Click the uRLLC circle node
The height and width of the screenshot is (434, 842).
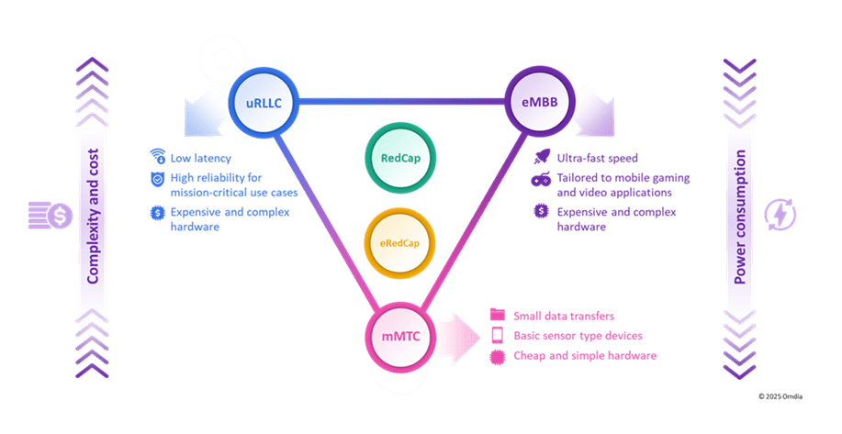tap(264, 102)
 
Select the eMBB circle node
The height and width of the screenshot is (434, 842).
tap(540, 102)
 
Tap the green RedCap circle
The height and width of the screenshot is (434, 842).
tap(400, 158)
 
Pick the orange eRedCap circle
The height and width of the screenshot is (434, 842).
tap(399, 243)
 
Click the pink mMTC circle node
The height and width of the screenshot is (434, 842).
tap(400, 337)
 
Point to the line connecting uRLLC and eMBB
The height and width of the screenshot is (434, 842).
tap(401, 102)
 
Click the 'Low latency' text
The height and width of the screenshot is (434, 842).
tap(201, 158)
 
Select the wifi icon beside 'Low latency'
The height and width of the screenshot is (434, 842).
tap(157, 156)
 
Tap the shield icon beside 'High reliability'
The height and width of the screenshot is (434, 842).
tap(157, 179)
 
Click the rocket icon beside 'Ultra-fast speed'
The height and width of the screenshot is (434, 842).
tap(542, 157)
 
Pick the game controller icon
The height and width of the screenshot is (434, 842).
tap(542, 179)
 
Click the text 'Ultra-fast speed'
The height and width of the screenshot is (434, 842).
tap(597, 158)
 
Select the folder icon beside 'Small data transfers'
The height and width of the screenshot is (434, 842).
tap(498, 315)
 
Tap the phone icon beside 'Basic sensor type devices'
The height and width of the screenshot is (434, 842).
tap(498, 335)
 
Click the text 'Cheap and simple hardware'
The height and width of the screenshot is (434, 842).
tap(585, 356)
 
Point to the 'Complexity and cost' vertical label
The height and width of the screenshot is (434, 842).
tap(93, 217)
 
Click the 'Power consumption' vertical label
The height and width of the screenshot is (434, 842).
tap(740, 217)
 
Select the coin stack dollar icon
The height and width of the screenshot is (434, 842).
tap(50, 215)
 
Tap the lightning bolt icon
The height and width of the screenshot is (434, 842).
tap(780, 215)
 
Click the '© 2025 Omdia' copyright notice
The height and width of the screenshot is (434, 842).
tap(780, 396)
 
